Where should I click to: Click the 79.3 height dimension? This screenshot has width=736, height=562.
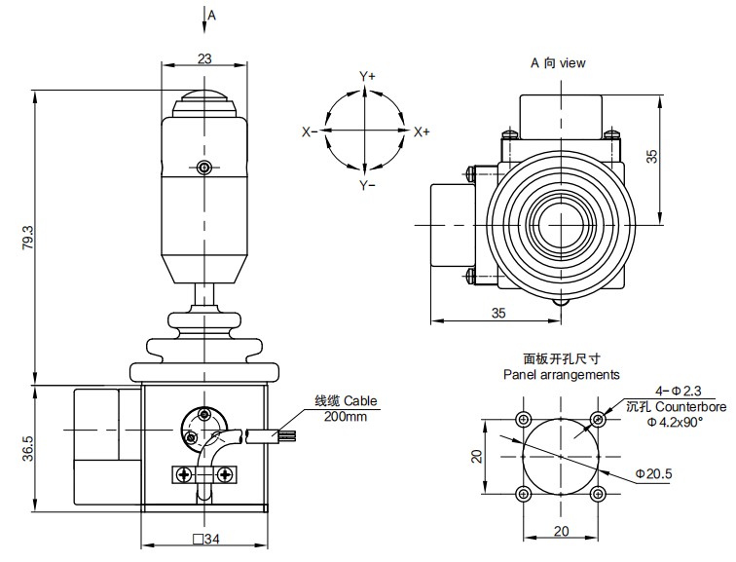(x=27, y=239)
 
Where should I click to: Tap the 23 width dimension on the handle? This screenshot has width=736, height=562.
(x=204, y=58)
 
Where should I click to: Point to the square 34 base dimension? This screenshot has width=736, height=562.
(x=205, y=538)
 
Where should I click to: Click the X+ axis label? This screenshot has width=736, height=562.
(x=422, y=131)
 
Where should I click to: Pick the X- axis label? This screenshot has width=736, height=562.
(x=310, y=131)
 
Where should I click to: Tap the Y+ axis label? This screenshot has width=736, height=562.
(x=367, y=76)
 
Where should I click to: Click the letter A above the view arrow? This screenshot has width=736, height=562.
(x=212, y=15)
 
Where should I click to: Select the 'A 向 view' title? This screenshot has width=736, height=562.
(x=558, y=62)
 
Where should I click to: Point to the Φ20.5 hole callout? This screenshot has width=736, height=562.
(x=655, y=473)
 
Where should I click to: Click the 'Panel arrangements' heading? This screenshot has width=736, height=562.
(x=561, y=374)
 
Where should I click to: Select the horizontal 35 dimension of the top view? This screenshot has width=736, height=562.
(x=497, y=314)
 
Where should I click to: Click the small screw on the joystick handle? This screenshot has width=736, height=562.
(x=203, y=168)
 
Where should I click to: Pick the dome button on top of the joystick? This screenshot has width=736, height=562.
(x=203, y=101)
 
